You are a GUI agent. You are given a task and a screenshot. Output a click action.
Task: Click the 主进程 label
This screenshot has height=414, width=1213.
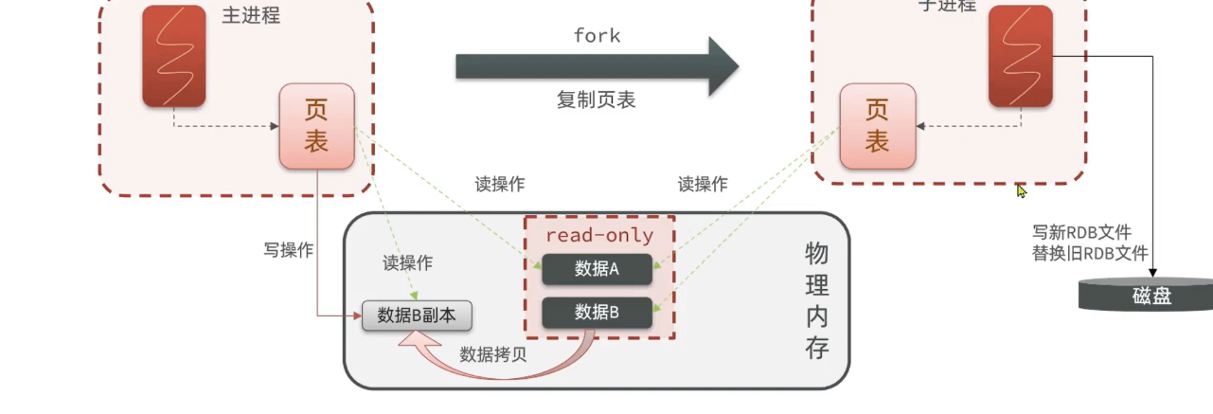tap(251, 16)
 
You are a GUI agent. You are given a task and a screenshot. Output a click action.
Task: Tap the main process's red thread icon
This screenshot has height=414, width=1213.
tap(174, 55)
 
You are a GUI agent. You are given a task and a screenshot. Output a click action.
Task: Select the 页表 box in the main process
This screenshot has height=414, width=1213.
tap(316, 127)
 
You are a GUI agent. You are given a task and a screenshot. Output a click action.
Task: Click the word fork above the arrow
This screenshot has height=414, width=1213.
tap(597, 36)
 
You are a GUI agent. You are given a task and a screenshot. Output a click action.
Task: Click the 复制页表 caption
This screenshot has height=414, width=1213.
tap(596, 99)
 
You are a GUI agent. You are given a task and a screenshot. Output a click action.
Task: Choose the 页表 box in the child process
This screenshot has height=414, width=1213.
tap(878, 127)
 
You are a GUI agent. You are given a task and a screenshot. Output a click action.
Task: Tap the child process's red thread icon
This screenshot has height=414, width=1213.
tap(1020, 55)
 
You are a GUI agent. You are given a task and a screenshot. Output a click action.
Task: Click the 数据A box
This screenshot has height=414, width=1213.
tap(597, 269)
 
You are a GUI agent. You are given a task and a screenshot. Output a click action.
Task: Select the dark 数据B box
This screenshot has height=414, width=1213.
tap(597, 313)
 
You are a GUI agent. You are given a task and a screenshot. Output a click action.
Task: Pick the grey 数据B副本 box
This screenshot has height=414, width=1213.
tap(417, 315)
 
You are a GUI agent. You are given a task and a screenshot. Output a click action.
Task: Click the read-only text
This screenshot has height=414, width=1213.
tap(598, 234)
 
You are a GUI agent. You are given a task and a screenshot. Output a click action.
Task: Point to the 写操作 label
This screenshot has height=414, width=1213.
tap(288, 251)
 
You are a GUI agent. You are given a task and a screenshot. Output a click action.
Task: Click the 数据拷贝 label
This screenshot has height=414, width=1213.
tap(493, 355)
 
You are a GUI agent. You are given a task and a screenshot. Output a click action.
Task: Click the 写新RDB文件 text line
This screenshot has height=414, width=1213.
tap(1081, 232)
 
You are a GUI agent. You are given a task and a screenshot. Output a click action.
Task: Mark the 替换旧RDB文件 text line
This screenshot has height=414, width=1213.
tap(1090, 253)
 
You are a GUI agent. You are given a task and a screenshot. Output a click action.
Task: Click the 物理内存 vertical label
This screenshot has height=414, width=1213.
tap(816, 300)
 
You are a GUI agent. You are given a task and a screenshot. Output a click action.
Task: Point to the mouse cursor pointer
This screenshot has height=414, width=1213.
tap(1021, 190)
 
